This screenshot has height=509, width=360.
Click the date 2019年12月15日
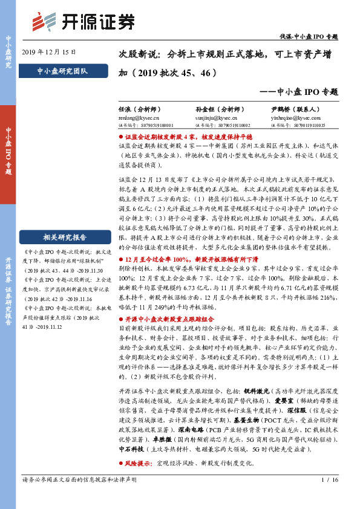(x=49, y=52)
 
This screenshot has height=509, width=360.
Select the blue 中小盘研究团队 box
(x=62, y=71)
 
